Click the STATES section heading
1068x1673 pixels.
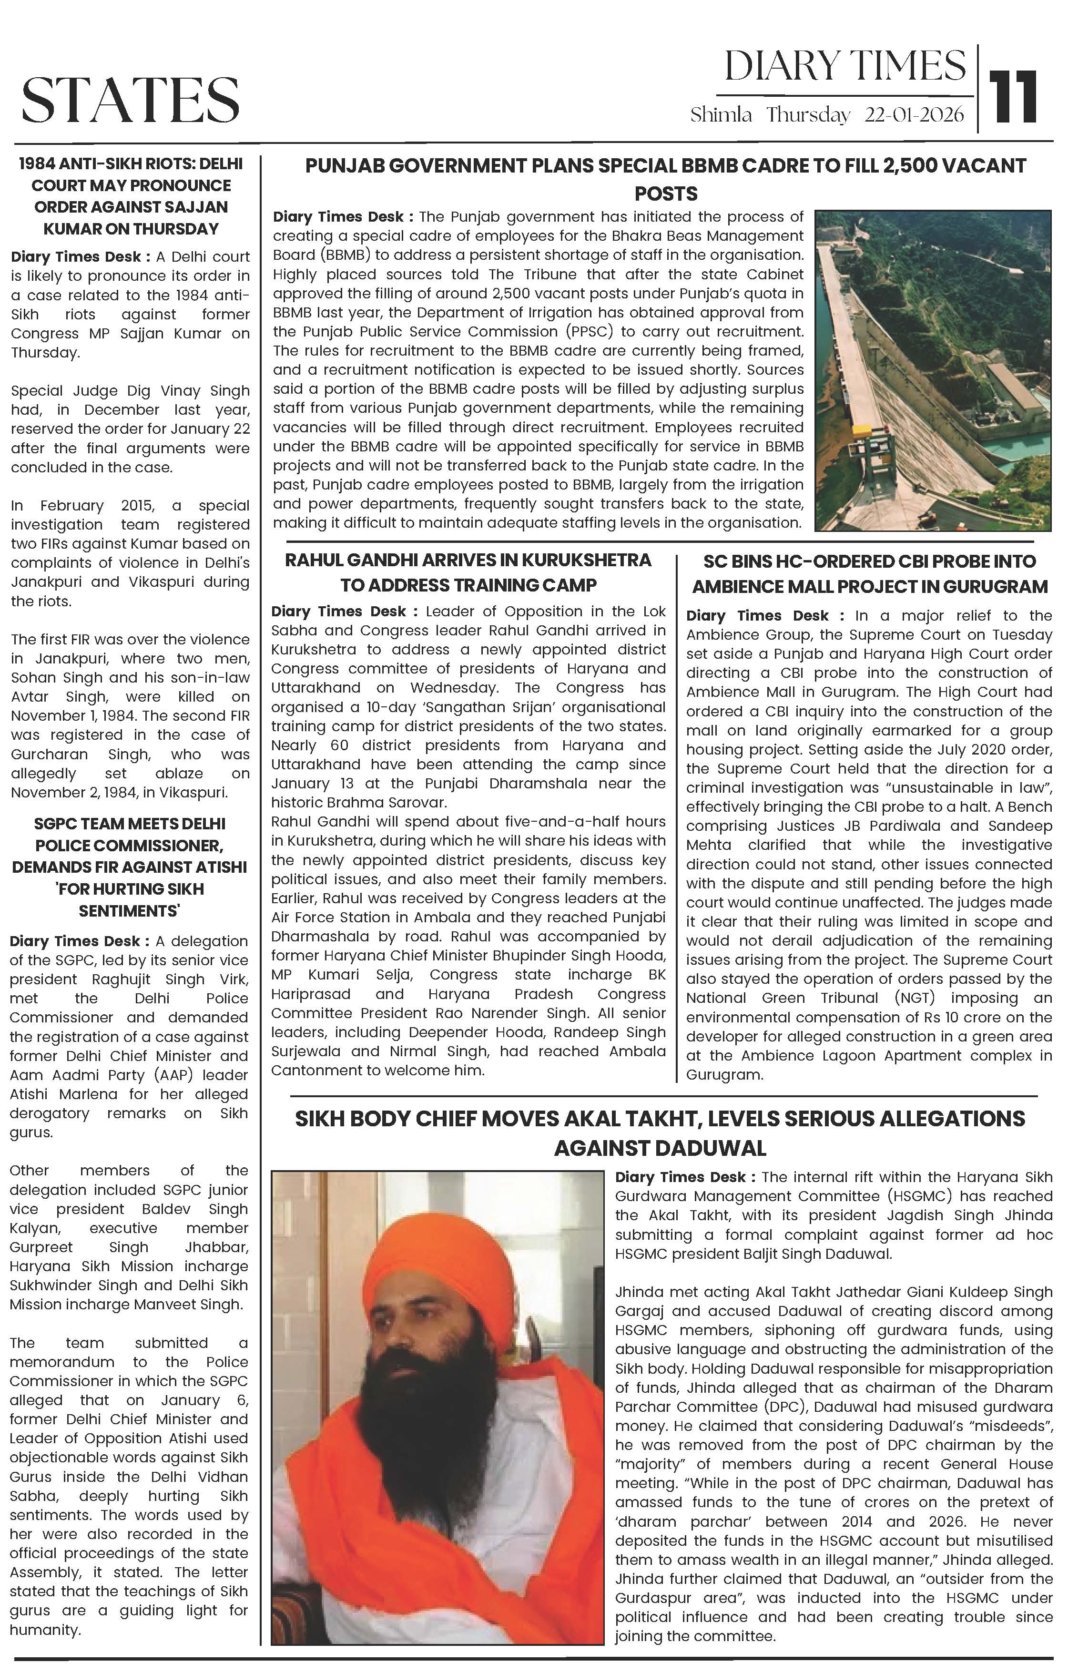(131, 99)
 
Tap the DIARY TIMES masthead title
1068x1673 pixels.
(845, 67)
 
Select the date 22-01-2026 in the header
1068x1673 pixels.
(914, 115)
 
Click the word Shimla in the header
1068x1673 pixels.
(721, 115)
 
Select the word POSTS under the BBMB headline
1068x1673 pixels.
(666, 194)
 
